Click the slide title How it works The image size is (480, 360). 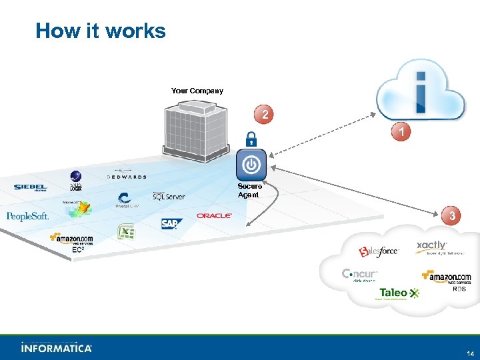coord(101,31)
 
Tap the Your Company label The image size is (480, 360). coord(197,91)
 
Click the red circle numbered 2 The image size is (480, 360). coord(265,115)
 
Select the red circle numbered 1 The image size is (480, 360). coord(400,133)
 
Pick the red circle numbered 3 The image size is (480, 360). coord(452,216)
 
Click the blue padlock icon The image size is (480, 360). coord(251,139)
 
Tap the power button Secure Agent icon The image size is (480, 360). coord(251,165)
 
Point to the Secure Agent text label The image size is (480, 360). coord(250,191)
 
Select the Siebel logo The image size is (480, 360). coord(31,187)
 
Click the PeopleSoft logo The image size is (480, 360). coord(27,216)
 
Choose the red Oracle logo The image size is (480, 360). coord(214,216)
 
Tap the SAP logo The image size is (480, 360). coord(171,224)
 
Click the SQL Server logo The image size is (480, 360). coord(169,196)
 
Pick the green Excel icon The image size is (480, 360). coord(126,233)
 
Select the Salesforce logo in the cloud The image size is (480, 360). coord(379,251)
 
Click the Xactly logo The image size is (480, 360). coord(432,247)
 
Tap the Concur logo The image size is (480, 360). coord(360,275)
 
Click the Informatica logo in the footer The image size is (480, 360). coord(57,347)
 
